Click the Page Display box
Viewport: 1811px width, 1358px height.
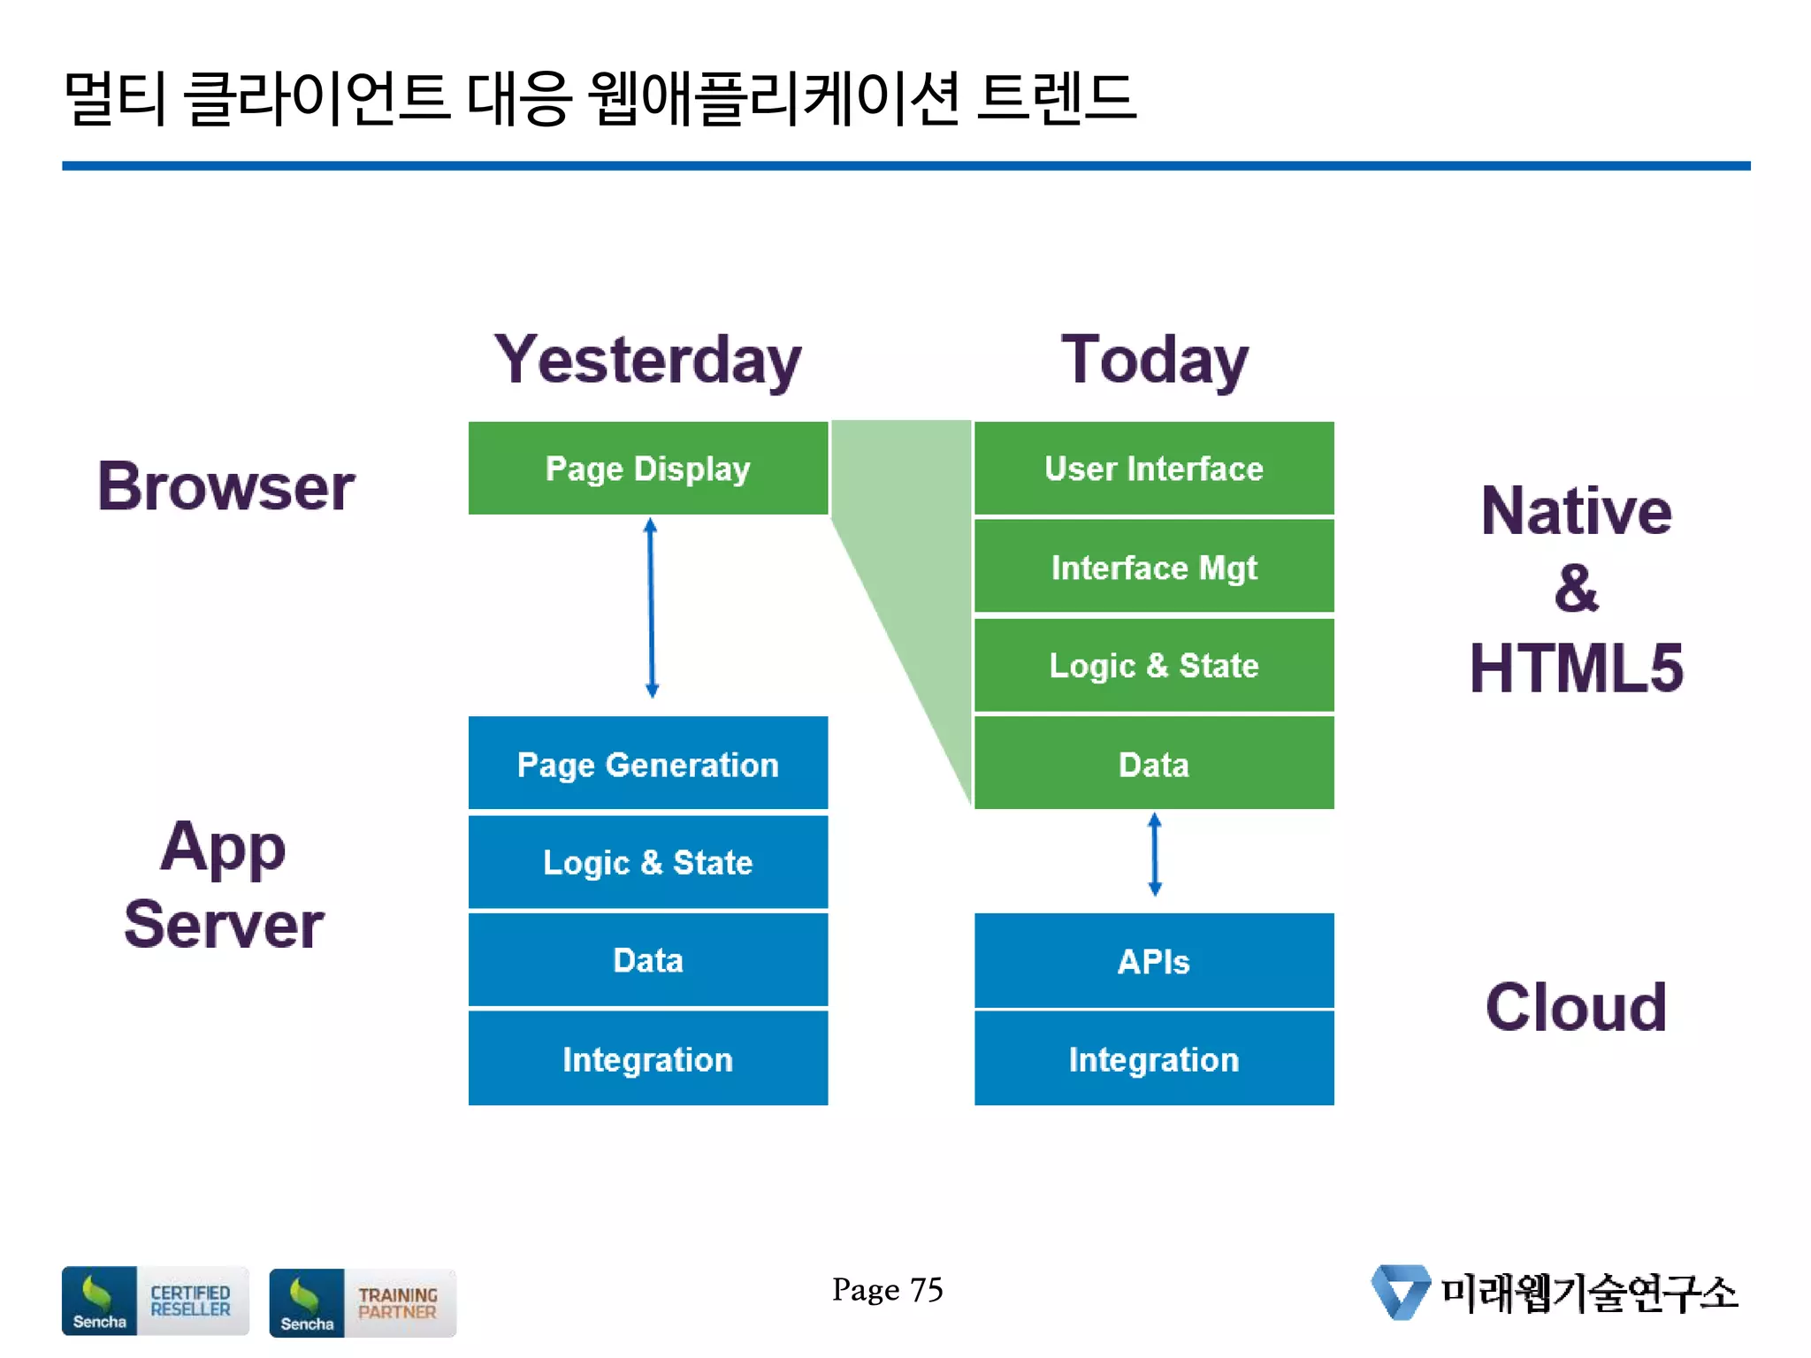click(647, 468)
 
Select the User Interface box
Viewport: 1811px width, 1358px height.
click(1153, 468)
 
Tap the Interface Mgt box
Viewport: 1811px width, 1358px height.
click(1153, 567)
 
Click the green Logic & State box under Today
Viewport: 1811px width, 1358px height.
click(1153, 665)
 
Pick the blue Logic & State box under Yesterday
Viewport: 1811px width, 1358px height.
click(647, 862)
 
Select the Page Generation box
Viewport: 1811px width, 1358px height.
click(647, 764)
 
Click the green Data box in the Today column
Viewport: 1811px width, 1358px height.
click(1153, 764)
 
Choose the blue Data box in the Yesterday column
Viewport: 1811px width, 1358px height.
click(647, 960)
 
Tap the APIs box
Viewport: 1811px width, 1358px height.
click(1153, 961)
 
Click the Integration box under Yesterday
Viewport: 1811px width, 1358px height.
click(647, 1059)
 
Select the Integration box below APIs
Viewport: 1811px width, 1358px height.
click(1153, 1059)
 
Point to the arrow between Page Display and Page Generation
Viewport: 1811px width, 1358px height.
click(651, 608)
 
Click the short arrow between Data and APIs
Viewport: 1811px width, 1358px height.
click(1154, 855)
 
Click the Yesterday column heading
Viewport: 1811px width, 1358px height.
click(647, 360)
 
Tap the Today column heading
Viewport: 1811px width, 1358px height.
click(1154, 360)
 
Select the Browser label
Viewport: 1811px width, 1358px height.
click(225, 486)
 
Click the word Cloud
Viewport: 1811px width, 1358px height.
click(1576, 1007)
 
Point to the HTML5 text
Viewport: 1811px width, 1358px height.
click(1576, 668)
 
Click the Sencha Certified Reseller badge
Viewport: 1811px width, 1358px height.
click(155, 1301)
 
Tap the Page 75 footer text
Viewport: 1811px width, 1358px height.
click(887, 1290)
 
